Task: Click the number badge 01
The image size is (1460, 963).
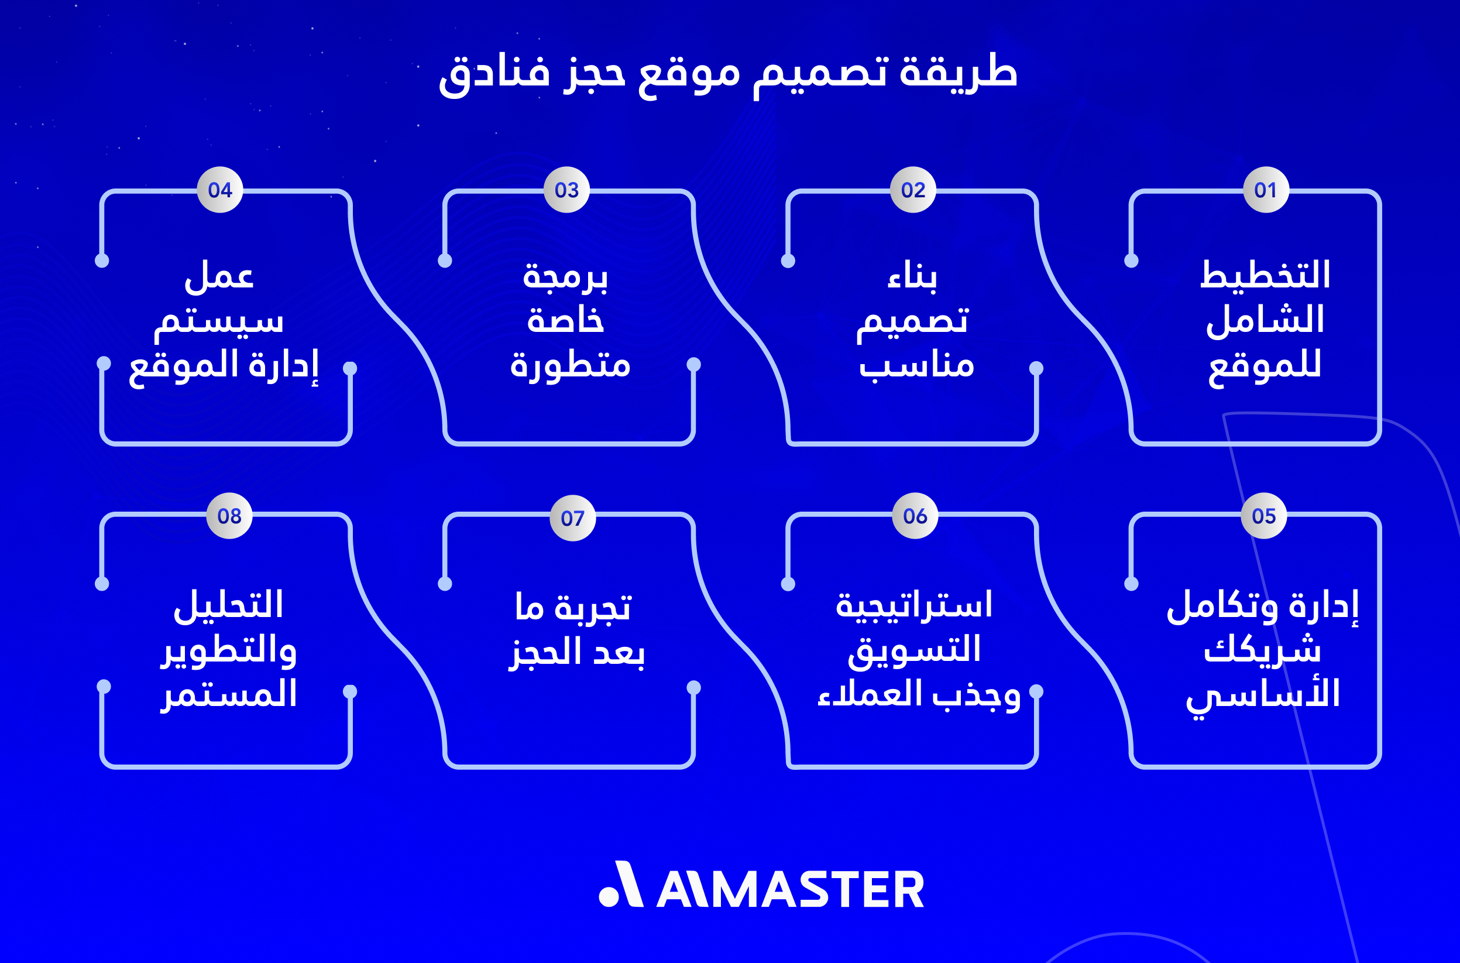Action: [x=1265, y=190]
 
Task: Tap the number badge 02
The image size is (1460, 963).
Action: [x=913, y=190]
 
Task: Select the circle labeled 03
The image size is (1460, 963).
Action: [x=566, y=190]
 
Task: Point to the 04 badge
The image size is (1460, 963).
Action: [x=220, y=190]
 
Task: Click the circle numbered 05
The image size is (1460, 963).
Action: [x=1264, y=516]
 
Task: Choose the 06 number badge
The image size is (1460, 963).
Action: [x=915, y=516]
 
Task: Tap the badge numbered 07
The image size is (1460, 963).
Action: [x=572, y=518]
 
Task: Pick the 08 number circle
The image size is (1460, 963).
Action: [x=229, y=516]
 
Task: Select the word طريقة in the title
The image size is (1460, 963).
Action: [x=959, y=73]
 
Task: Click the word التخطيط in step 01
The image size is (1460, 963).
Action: [x=1265, y=275]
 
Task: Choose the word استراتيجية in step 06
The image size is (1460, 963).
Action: [x=913, y=605]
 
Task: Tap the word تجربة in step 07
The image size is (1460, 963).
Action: [x=592, y=608]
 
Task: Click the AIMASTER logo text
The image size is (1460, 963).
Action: [x=790, y=889]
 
